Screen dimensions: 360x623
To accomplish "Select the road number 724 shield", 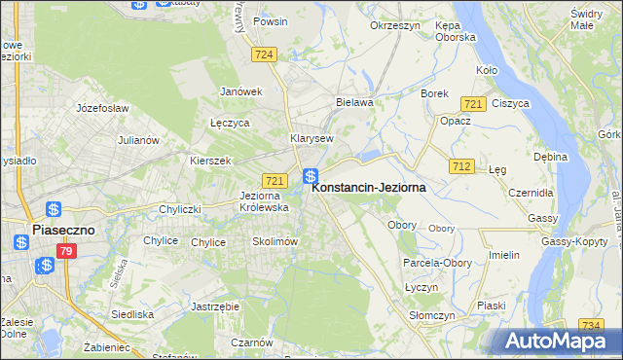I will coord(261,57).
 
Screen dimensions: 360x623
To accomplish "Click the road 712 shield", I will coord(461,166).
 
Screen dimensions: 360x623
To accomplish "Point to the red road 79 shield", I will coord(66,252).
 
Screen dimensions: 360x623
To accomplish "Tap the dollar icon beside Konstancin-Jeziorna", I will coord(311,176).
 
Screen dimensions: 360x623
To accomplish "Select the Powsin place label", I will coord(269,19).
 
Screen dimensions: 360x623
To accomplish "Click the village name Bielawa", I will coord(354,100).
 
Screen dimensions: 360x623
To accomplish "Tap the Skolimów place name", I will coord(274,241).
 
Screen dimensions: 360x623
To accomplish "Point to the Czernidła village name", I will coord(531,192).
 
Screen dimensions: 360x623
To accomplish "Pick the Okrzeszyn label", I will coord(394,25).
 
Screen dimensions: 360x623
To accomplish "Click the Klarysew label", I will coord(313,138).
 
